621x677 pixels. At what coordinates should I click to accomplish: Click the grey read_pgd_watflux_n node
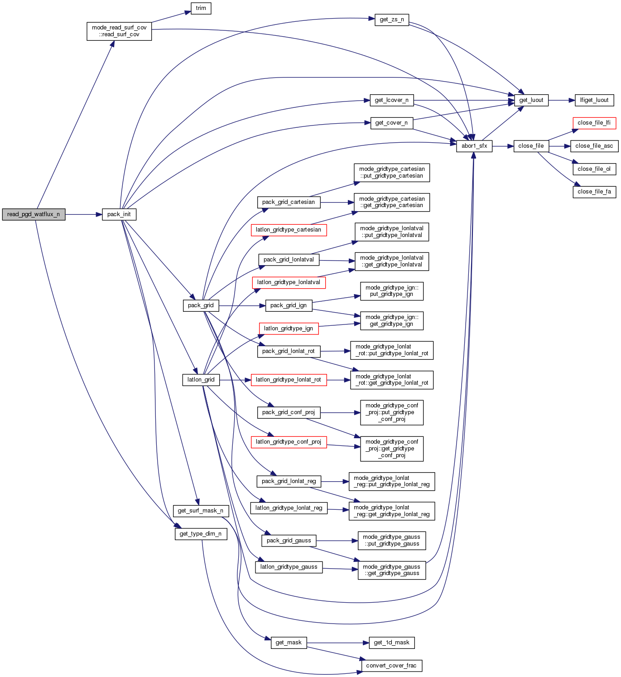[x=34, y=214]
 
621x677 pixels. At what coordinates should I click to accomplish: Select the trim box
[x=201, y=8]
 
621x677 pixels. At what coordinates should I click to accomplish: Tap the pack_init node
[x=119, y=214]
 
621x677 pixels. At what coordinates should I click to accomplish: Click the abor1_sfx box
[x=474, y=146]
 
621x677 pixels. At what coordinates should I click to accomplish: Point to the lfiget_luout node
[x=594, y=100]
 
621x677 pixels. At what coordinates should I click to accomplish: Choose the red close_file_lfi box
[x=594, y=123]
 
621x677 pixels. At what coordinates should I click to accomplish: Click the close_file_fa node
[x=594, y=192]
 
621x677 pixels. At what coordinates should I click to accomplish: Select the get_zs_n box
[x=392, y=20]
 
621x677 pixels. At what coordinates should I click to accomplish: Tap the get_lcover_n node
[x=391, y=100]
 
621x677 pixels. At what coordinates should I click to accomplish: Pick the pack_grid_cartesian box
[x=289, y=202]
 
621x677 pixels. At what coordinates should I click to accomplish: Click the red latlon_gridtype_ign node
[x=289, y=329]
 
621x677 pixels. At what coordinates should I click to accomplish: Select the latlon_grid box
[x=201, y=380]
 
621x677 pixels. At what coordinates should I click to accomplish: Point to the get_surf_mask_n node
[x=201, y=511]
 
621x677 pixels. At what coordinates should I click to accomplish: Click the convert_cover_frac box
[x=391, y=666]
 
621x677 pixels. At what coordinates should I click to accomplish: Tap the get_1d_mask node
[x=391, y=643]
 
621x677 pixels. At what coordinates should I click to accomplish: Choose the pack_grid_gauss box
[x=289, y=541]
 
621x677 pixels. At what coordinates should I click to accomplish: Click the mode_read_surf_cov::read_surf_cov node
[x=119, y=31]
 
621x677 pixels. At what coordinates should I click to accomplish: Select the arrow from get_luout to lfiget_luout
[x=562, y=100]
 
